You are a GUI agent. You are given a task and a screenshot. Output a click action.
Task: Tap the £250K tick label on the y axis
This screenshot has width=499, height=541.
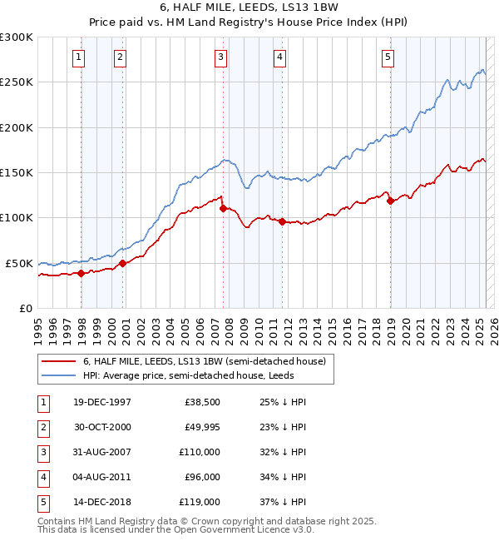point(17,82)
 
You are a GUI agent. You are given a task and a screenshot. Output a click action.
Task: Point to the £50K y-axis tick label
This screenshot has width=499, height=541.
point(20,263)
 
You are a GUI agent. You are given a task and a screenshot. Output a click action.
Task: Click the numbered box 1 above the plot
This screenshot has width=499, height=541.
point(77,57)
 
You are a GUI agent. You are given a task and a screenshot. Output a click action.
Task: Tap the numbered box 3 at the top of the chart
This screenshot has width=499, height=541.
point(220,57)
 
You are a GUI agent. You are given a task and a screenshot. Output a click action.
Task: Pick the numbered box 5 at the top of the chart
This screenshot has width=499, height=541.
point(388,57)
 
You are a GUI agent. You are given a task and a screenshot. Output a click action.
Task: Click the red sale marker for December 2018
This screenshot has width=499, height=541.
point(391,201)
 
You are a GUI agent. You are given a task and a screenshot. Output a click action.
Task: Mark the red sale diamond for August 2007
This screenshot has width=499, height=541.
point(224,209)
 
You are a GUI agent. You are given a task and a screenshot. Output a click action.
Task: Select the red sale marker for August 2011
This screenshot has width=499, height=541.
point(283,221)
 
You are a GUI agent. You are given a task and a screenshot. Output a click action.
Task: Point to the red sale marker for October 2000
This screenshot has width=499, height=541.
point(123,263)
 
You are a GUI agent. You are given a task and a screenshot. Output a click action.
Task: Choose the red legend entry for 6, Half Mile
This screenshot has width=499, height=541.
point(208,361)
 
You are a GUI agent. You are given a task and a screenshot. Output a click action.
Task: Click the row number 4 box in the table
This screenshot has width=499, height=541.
point(42,477)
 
